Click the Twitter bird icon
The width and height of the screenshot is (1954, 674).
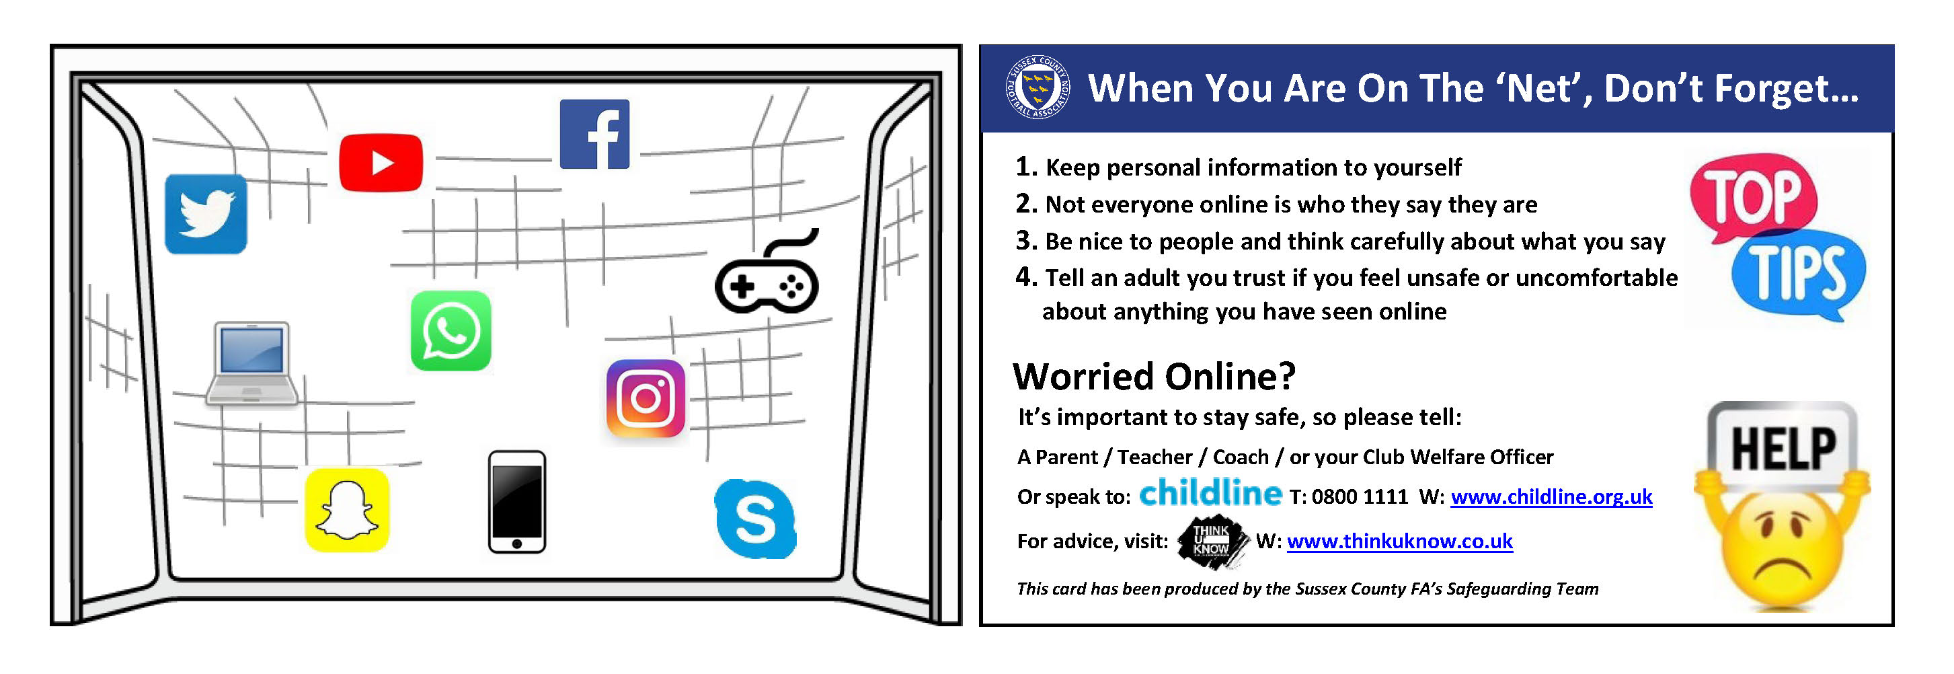click(206, 214)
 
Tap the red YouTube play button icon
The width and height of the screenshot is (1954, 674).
click(381, 162)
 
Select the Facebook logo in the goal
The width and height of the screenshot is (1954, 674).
click(594, 135)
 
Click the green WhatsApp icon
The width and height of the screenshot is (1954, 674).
click(451, 331)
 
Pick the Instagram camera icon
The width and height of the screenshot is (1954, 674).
click(646, 398)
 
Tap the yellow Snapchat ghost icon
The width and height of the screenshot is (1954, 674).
click(347, 509)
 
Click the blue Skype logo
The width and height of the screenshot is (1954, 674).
click(756, 519)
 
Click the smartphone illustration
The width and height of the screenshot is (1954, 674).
click(516, 502)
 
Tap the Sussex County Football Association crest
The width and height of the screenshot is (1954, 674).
click(1037, 87)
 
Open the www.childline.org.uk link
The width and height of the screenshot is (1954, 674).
click(1551, 496)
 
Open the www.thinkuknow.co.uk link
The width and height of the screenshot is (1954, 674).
click(1399, 541)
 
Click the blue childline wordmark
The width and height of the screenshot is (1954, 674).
click(1210, 492)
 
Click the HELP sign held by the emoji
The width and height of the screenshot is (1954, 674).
click(1783, 448)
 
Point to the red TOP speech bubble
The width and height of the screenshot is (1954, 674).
click(1753, 196)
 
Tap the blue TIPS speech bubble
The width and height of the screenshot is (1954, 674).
click(1799, 274)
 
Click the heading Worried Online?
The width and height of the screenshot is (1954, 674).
click(1154, 377)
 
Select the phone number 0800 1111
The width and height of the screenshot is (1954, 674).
click(1360, 497)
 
